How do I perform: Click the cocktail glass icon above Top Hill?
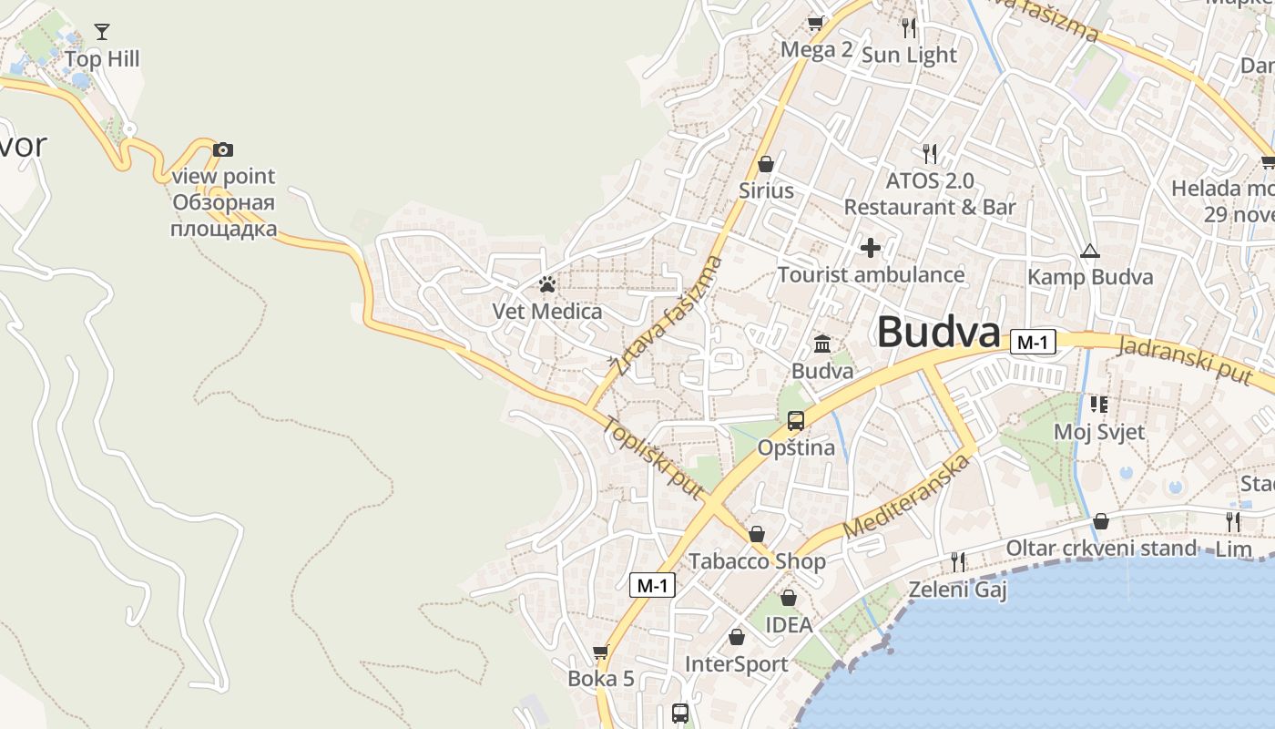coord(101,33)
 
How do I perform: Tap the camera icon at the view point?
coord(223,149)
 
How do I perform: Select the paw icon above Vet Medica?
coord(547,284)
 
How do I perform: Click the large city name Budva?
coord(938,332)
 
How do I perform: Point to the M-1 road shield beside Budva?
coord(1033,343)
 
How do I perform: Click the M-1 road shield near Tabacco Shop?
coord(652,585)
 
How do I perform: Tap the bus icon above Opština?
coord(796,421)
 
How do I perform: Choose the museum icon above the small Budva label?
coord(822,344)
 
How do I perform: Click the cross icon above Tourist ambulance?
coord(871,247)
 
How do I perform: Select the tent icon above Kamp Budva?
coord(1089,251)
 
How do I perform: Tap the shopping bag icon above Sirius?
coord(766,164)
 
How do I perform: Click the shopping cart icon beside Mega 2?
coord(815,23)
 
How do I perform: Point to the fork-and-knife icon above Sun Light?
coord(908,27)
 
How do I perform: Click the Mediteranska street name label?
coord(905,497)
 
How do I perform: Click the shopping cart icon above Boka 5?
coord(600,652)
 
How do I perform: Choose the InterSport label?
coord(736,664)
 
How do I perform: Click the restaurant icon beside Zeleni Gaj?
coord(957,561)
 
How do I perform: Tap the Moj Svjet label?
coord(1099,431)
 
